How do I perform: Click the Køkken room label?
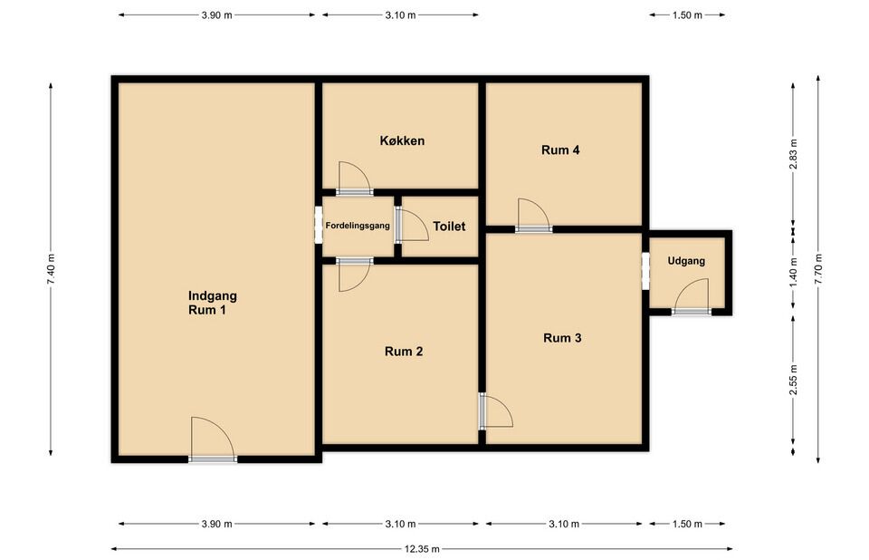tap(402, 141)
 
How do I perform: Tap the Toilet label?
tap(449, 227)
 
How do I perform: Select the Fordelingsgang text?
tap(358, 226)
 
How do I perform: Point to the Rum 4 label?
tap(560, 150)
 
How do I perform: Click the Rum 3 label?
tap(562, 338)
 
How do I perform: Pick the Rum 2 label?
tap(404, 352)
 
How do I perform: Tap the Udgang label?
tap(686, 261)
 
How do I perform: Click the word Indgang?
tap(213, 296)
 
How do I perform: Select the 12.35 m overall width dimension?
tap(422, 549)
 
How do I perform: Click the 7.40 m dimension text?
tap(51, 270)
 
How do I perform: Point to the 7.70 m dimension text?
tap(818, 268)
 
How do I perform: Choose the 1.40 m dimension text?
tap(793, 272)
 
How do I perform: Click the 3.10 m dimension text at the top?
tap(400, 15)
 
